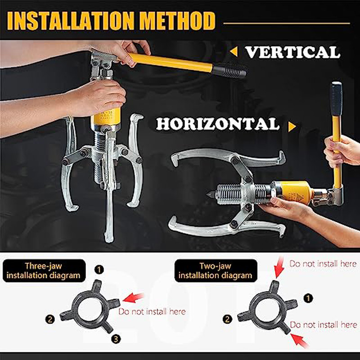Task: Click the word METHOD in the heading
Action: point(177,21)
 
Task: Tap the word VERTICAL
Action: point(293,52)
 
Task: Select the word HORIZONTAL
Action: point(218,124)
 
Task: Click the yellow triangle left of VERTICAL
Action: point(234,52)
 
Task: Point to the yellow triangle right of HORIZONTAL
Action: point(292,126)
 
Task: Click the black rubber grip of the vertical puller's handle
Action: point(229,70)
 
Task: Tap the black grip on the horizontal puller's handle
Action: point(336,99)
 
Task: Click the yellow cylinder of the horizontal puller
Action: point(296,192)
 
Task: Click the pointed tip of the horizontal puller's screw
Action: point(207,195)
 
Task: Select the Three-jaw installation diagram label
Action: point(44,271)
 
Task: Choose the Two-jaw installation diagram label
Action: point(216,271)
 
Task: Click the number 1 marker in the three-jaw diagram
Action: point(99,270)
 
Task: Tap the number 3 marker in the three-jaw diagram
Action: point(116,339)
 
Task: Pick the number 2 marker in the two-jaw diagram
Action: point(227,319)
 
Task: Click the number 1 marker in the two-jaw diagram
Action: point(308,298)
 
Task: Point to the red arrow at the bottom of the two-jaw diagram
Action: point(299,341)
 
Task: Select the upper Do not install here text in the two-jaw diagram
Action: point(323,264)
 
